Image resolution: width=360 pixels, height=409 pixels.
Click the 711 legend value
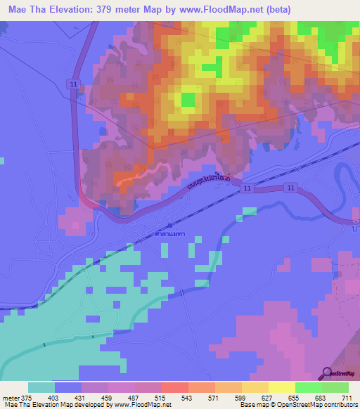pos(346,398)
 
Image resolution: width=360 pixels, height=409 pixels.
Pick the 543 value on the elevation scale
pos(186,398)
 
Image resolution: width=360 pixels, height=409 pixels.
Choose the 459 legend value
pos(105,398)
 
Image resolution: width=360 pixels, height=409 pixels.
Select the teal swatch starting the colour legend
pos(41,387)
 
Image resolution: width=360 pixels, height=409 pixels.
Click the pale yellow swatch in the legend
pos(282,387)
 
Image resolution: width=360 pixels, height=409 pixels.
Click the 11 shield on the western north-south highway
pos(73,83)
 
